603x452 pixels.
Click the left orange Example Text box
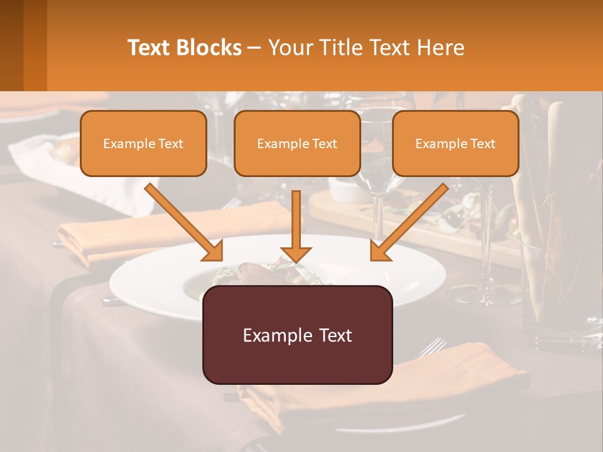pos(143,143)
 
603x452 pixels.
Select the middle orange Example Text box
pos(297,143)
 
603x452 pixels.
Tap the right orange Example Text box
pos(455,143)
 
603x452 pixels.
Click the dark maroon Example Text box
pos(297,335)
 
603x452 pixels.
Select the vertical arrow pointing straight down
pos(296,226)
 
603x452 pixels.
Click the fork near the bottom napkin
pos(432,347)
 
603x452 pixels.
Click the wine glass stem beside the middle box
pos(378,213)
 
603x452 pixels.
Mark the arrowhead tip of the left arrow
pos(221,259)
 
